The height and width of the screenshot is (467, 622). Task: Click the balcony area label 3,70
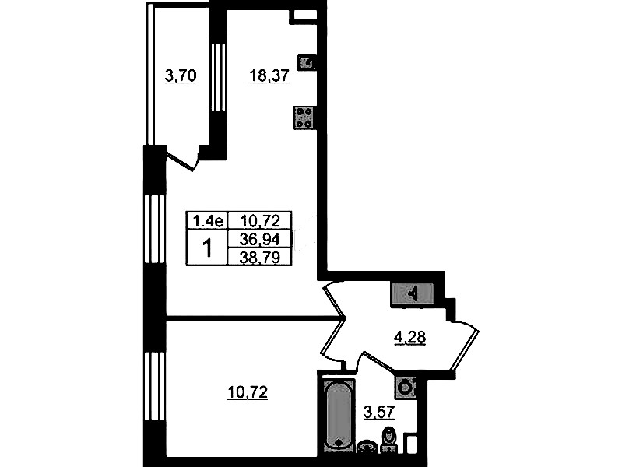coord(181,75)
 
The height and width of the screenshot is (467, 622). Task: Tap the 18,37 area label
coord(269,75)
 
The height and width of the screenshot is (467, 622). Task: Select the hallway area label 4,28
coord(409,338)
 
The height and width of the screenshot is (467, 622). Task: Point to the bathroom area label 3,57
coord(379,413)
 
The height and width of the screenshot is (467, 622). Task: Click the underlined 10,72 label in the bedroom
coord(248,393)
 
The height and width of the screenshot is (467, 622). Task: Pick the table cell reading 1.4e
coord(208,220)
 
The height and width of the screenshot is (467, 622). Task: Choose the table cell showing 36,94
coord(260,239)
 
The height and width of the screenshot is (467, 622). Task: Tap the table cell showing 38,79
coord(260,257)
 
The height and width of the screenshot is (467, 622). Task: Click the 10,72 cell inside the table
coord(260,220)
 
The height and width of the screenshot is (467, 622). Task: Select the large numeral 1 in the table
coord(207,248)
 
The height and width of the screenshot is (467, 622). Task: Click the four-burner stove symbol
coord(304,118)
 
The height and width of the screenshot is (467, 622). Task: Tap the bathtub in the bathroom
coord(339,416)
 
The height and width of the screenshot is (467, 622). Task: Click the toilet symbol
coord(388,440)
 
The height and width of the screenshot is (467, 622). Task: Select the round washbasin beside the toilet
coord(367,448)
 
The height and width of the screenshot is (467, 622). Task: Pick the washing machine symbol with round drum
coord(405,387)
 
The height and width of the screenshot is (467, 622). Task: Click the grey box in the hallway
coord(413,294)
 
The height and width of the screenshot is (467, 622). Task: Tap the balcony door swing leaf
coord(181,160)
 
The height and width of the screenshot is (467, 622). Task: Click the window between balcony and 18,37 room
coord(218,77)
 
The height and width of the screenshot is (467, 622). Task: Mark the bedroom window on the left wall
coord(155,386)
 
